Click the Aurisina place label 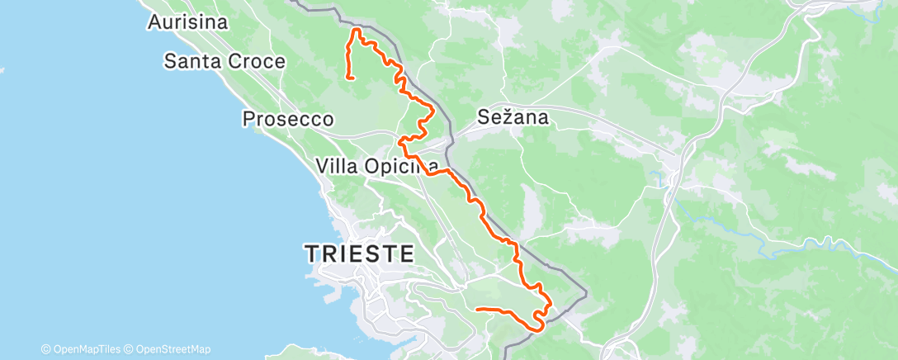click(187, 22)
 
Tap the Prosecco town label click(288, 120)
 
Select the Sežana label click(513, 118)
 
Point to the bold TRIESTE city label click(360, 253)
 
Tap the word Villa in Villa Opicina click(339, 166)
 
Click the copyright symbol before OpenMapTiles click(46, 349)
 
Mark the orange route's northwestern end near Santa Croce click(353, 78)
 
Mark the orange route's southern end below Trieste click(478, 309)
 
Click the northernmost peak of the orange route click(357, 30)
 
